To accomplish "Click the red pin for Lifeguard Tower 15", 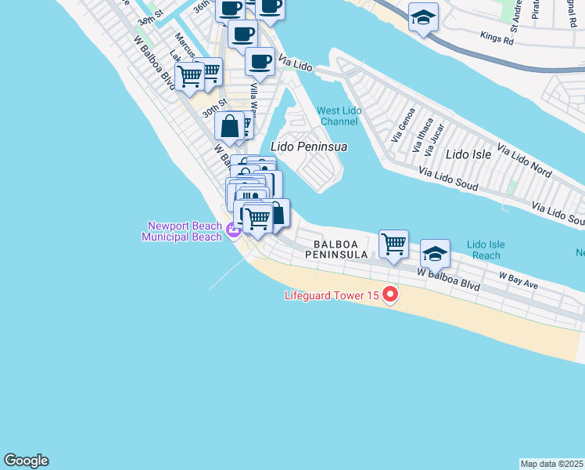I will click(389, 295).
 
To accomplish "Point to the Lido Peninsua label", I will click(308, 146).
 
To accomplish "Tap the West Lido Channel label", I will click(339, 116).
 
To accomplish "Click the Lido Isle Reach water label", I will click(486, 250).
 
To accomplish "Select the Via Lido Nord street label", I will click(524, 161).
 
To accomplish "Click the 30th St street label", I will click(214, 107).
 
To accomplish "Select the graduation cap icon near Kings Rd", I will click(423, 17).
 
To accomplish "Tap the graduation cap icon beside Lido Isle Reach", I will click(436, 254).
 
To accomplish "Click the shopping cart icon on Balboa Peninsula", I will click(393, 244).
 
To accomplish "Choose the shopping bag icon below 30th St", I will click(231, 125).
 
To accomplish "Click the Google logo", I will click(26, 461).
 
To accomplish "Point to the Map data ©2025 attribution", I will click(551, 463).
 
